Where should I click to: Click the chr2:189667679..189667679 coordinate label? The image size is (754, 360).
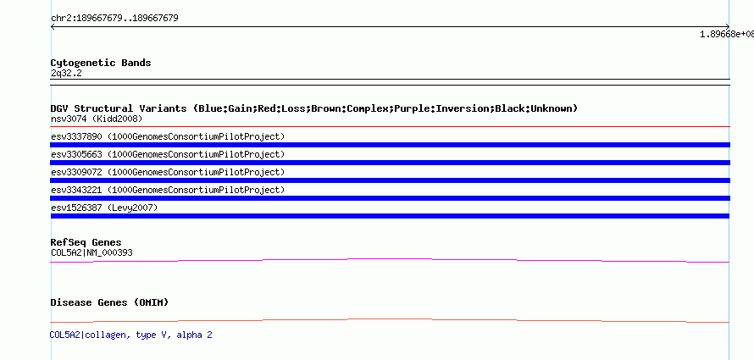(114, 19)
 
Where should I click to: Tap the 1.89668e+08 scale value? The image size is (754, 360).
(727, 34)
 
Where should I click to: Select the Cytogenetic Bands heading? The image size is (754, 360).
(101, 63)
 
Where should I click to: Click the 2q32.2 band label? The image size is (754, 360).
(66, 73)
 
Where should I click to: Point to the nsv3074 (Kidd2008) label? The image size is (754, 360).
(97, 119)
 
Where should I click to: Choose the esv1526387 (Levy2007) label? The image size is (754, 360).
(104, 208)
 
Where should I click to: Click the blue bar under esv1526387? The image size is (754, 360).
(390, 216)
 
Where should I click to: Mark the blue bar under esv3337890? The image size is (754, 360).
(390, 145)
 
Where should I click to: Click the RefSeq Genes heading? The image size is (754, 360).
(86, 242)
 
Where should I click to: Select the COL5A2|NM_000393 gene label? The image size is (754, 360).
(91, 252)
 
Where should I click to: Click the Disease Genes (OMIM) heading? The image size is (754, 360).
(109, 302)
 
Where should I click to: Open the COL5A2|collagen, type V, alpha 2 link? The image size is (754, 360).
(130, 335)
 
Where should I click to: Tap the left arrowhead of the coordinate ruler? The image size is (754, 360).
(52, 27)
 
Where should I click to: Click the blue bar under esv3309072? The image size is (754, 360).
(390, 180)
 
